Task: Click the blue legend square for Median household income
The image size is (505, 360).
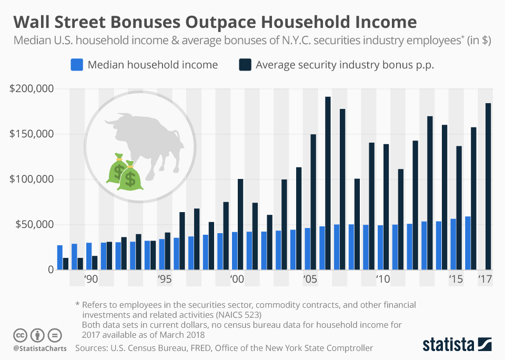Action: [x=76, y=65]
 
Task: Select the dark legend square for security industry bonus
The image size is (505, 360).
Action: [x=245, y=65]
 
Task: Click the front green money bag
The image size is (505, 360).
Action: [x=130, y=176]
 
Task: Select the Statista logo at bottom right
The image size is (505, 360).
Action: [x=457, y=345]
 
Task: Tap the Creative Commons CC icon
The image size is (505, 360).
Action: [x=21, y=335]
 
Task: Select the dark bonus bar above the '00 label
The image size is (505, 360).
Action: [x=240, y=224]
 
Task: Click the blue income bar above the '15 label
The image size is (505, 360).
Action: [x=453, y=244]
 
